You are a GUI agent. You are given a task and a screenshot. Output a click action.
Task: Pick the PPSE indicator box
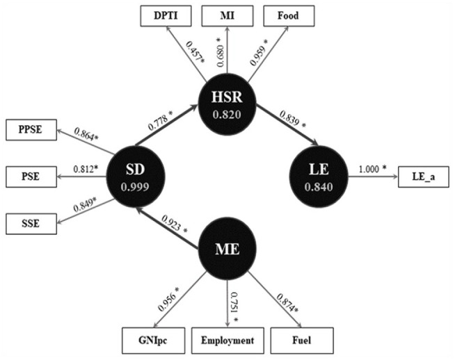(31, 129)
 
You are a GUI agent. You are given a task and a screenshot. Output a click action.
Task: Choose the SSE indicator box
(31, 223)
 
